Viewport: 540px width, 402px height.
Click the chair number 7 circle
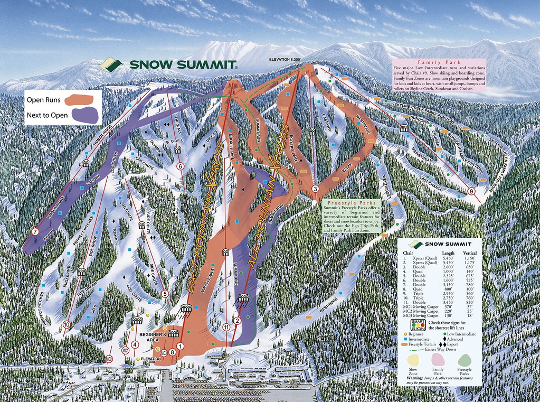(x=35, y=231)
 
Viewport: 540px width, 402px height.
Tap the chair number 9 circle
(x=471, y=191)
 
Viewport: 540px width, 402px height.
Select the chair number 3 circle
(x=315, y=189)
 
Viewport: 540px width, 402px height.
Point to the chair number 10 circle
(x=67, y=324)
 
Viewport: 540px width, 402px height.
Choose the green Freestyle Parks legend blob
(x=464, y=362)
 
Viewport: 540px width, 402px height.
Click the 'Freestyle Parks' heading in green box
(x=352, y=202)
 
